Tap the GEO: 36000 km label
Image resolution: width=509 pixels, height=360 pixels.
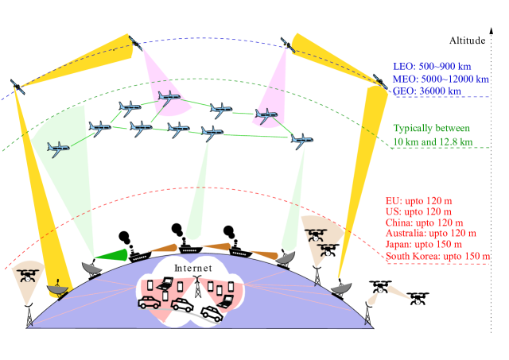(426, 91)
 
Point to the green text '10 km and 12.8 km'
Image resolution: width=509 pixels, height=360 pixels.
(433, 141)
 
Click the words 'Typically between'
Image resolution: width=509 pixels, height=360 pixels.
(432, 128)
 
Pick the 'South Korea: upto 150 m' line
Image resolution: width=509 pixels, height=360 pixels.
(437, 257)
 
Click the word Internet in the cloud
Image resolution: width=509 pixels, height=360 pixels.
(193, 269)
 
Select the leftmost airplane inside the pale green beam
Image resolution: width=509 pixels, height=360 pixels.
(57, 146)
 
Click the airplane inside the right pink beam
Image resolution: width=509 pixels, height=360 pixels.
(266, 116)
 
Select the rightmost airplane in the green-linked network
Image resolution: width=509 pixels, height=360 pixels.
(301, 140)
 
